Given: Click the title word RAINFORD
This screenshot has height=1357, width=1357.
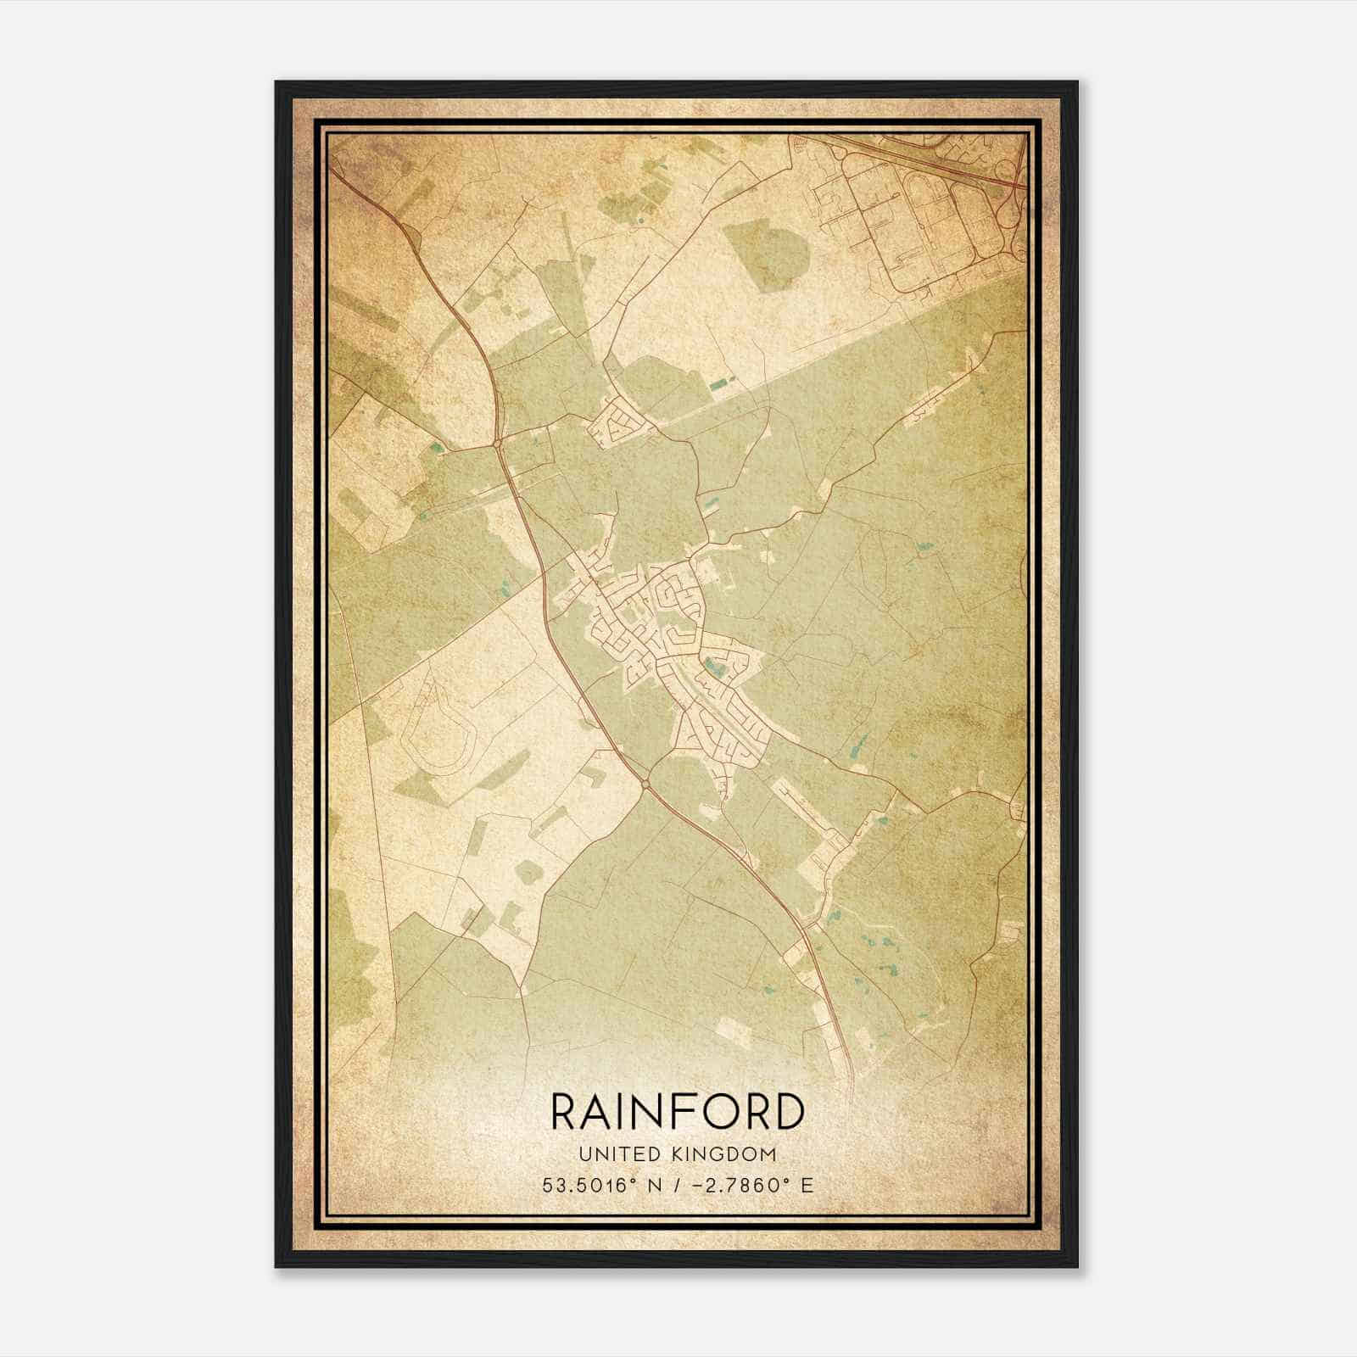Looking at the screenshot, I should click(x=678, y=1112).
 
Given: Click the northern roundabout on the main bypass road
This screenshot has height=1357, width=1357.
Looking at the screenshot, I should click(x=497, y=443).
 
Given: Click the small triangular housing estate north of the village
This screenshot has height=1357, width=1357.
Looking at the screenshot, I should click(x=621, y=422).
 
